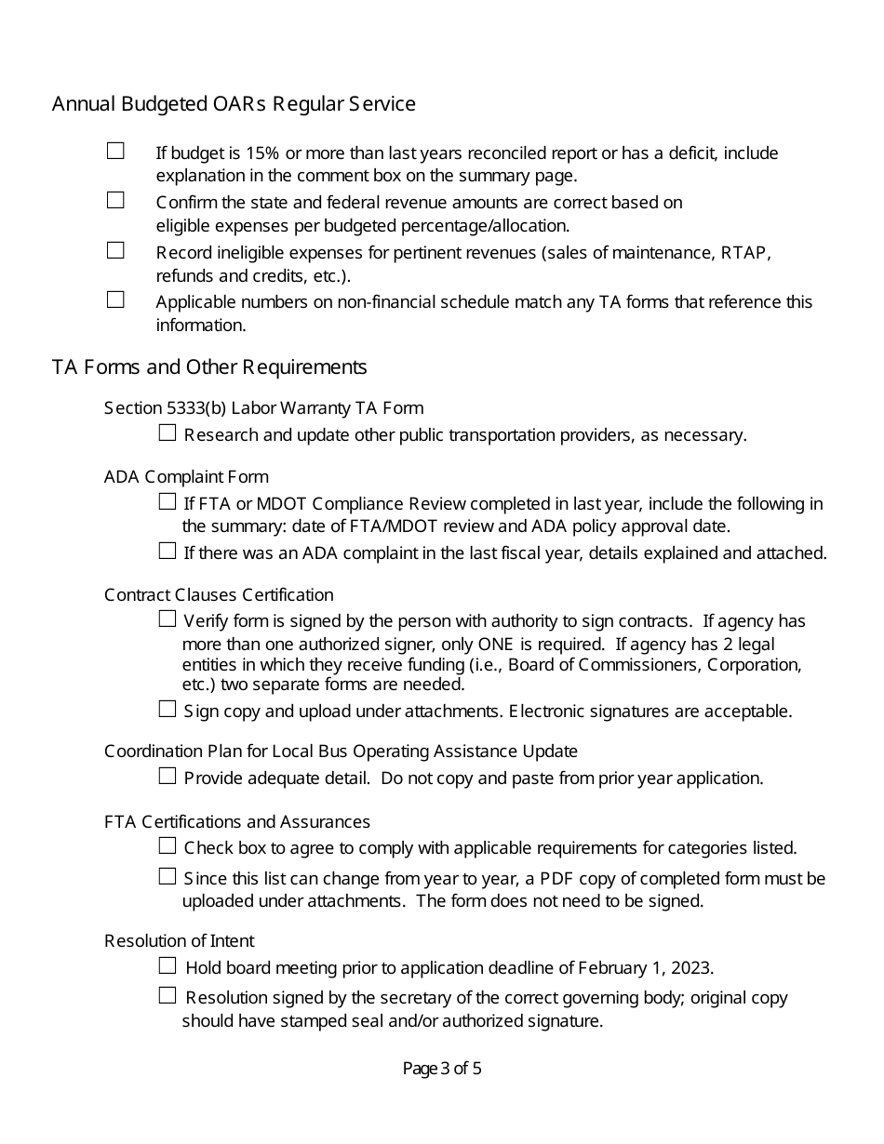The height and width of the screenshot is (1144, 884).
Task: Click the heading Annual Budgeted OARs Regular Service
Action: coord(234,104)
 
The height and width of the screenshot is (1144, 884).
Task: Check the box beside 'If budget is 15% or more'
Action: coord(115,151)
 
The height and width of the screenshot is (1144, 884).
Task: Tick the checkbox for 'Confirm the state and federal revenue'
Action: coord(115,200)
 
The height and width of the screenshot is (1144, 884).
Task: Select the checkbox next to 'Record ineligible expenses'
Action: coord(115,250)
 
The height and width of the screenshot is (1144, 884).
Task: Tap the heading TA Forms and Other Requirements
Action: coord(209,367)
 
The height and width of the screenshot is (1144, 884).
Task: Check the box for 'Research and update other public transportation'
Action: coord(167,432)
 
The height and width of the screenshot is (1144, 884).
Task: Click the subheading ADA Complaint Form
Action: coord(186,477)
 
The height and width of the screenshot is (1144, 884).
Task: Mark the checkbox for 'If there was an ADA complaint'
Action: coord(167,551)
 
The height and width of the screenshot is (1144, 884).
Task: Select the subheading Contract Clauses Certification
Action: coord(219,595)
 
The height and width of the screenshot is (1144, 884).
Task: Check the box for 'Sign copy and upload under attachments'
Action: coord(167,709)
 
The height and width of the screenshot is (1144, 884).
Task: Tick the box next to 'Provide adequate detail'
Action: coord(167,776)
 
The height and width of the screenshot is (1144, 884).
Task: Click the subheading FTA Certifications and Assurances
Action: coord(237,822)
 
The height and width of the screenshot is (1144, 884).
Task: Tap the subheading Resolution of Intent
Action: coord(180,941)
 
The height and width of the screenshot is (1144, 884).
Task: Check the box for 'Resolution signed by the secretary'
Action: coord(167,995)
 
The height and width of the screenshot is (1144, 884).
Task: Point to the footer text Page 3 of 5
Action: coord(442,1069)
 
